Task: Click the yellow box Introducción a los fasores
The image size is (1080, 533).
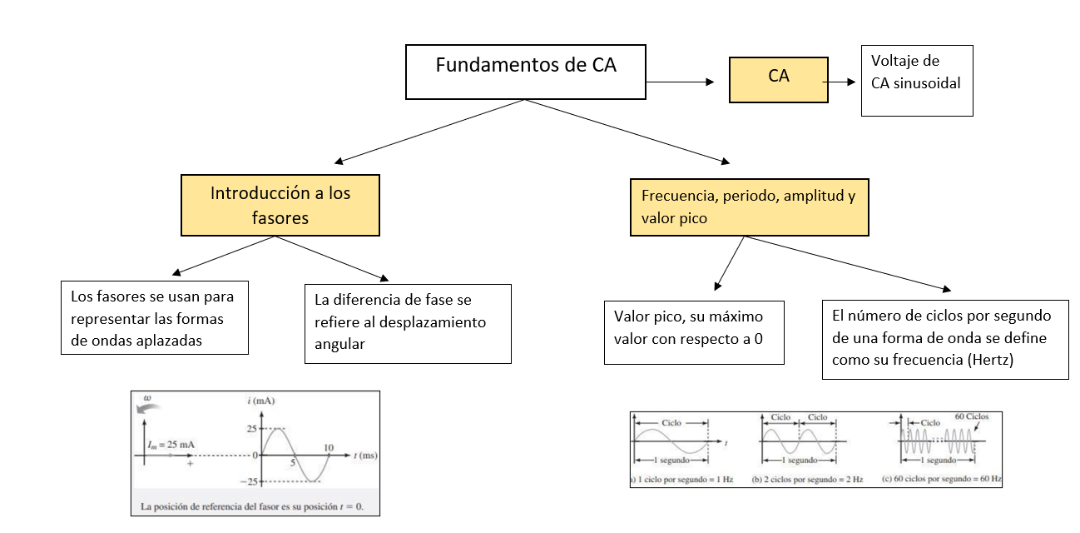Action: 280,205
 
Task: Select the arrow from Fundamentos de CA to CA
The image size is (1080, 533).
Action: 681,82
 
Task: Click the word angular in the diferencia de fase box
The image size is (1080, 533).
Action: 339,343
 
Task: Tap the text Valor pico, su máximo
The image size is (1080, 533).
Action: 687,317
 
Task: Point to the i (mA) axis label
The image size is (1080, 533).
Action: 260,401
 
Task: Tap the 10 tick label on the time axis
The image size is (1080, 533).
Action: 328,448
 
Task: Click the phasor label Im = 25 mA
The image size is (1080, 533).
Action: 171,445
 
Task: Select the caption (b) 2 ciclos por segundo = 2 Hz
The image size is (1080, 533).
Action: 806,480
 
